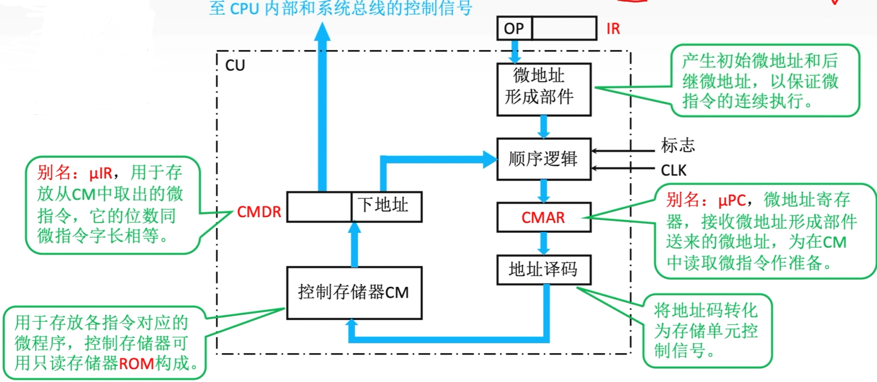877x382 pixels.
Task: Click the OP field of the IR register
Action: pos(514,28)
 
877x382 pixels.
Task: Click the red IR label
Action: pos(613,29)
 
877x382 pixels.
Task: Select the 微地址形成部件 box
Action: pos(543,89)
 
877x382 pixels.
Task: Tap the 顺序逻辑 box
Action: pos(543,159)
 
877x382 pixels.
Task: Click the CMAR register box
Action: pos(543,217)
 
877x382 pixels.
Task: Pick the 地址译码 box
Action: pos(543,269)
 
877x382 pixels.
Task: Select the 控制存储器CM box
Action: pos(354,293)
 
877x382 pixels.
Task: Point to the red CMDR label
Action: pos(259,212)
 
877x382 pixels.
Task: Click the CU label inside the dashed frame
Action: pos(235,66)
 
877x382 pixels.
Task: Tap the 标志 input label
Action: pos(677,145)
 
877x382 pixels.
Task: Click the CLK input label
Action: pos(673,171)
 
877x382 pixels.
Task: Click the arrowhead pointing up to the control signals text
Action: pos(322,32)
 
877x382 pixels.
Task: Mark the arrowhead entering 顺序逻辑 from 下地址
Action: pos(490,159)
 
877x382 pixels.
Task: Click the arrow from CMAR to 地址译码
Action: pos(543,243)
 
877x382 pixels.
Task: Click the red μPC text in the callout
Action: pos(731,201)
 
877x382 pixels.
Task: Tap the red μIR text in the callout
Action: pos(101,173)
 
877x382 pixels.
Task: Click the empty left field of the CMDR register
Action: pos(319,206)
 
